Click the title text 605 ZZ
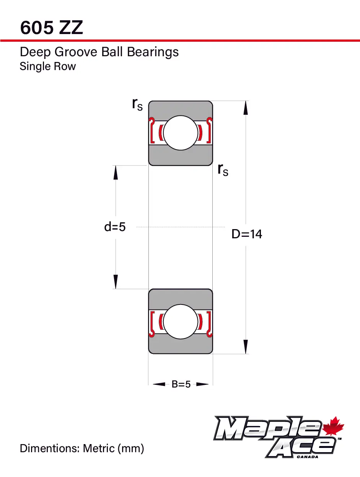pos(51,28)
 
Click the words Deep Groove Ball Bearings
pos(99,52)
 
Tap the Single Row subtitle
pos(47,66)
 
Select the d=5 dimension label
pos(115,227)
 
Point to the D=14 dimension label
pos(247,234)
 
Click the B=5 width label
pos(181,384)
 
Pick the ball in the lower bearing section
pos(181,321)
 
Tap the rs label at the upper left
pos(137,104)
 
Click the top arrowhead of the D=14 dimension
pos(246,107)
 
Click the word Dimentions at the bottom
pos(49,448)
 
